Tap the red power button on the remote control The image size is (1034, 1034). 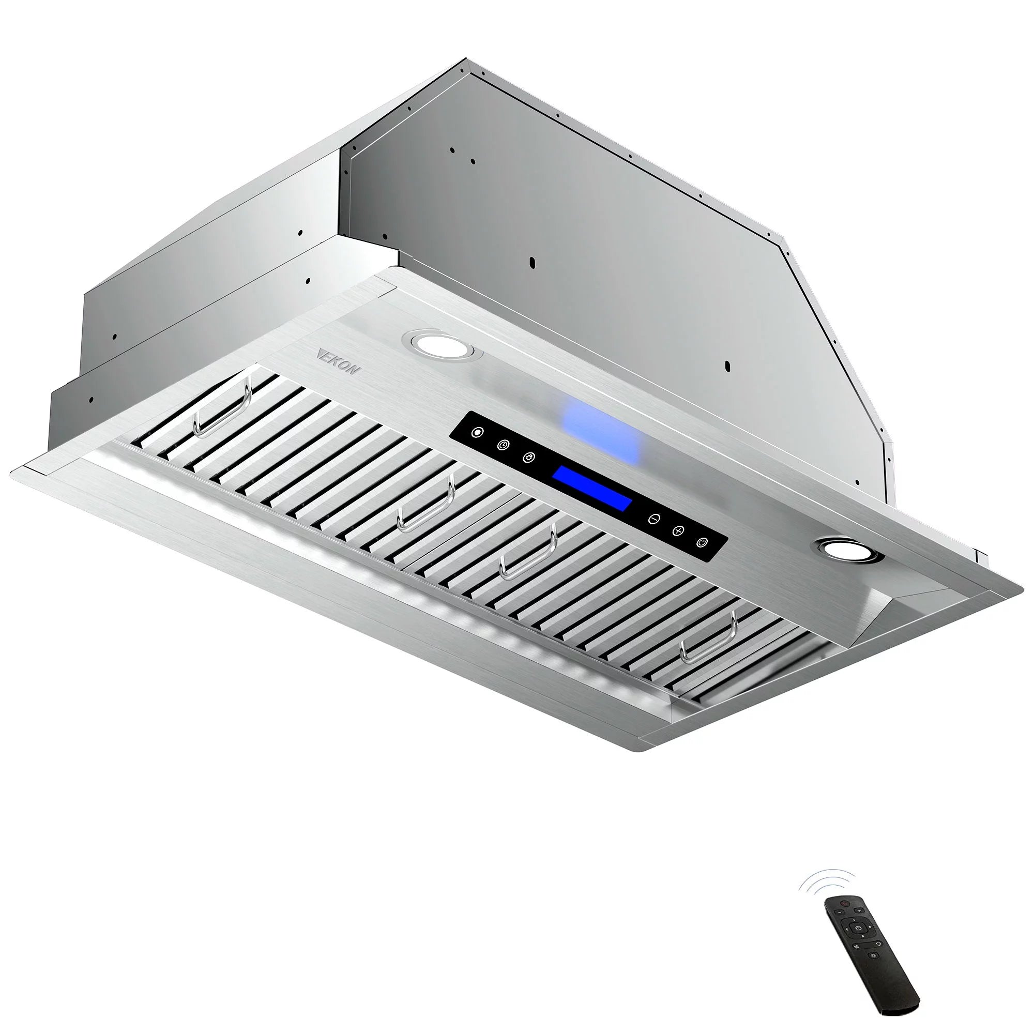(845, 904)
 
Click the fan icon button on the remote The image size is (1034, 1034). (856, 947)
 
